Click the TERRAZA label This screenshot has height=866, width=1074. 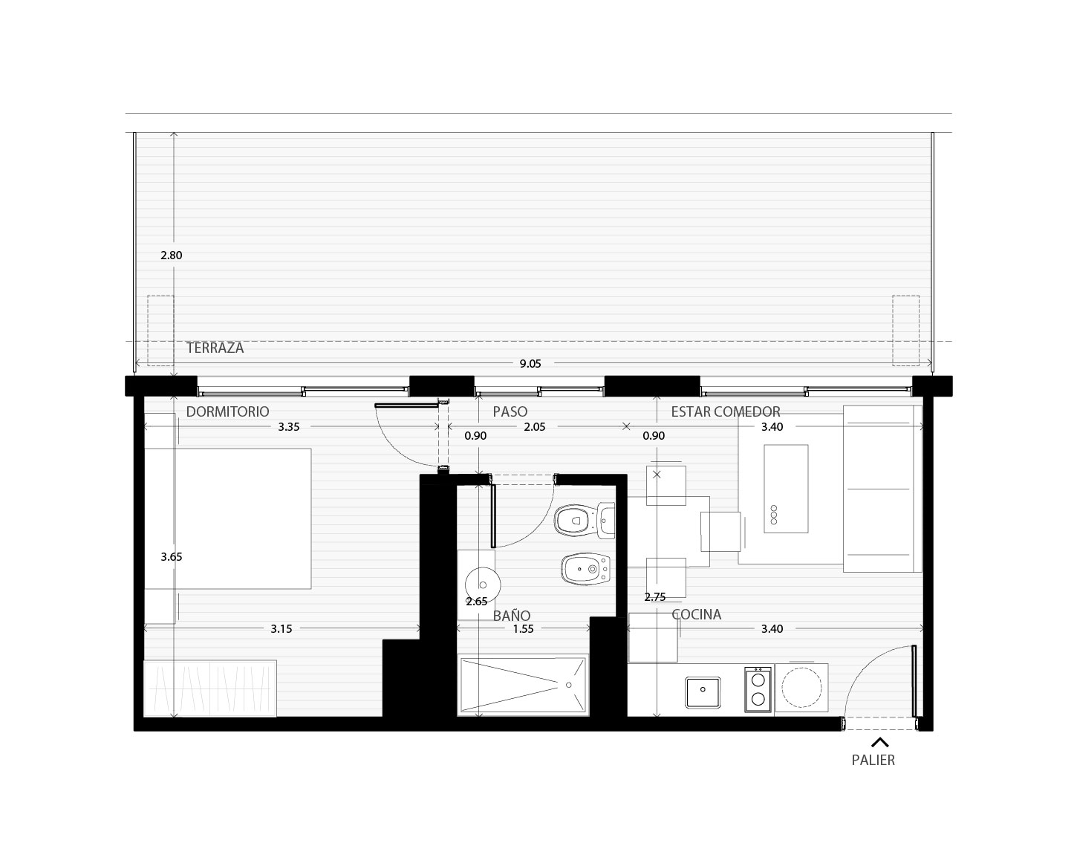coord(215,348)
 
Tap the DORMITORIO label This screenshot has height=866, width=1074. coord(227,411)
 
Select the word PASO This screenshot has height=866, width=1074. coord(510,411)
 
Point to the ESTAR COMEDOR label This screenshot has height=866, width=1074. coord(726,411)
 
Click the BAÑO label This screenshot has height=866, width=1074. coord(512,616)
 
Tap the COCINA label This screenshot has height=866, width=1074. coord(696,614)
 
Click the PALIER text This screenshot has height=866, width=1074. coord(873,761)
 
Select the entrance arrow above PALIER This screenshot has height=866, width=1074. coord(880,742)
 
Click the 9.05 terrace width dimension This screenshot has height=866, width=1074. coord(530,364)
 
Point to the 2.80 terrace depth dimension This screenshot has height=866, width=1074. coord(171,255)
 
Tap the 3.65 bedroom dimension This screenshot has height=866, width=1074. coord(171,557)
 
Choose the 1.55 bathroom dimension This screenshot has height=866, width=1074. coord(523,629)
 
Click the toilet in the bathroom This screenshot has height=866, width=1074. coord(584,521)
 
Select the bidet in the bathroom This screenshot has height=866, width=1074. coord(586,568)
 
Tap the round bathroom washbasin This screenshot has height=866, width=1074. coord(483,585)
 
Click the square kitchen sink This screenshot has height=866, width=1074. coord(703,692)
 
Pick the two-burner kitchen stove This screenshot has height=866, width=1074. coord(758,689)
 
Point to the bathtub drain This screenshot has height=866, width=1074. coord(568,686)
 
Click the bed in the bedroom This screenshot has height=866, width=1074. coord(227,518)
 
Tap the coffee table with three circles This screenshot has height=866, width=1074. coord(786,489)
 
